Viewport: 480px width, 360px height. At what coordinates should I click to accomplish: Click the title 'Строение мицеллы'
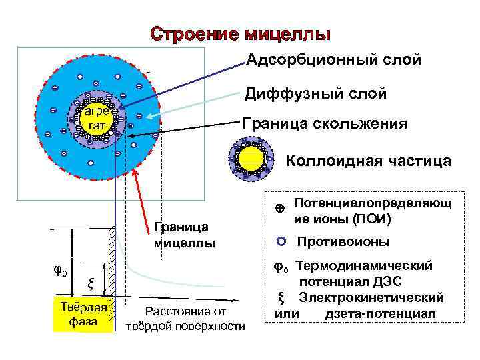pyautogui.click(x=240, y=33)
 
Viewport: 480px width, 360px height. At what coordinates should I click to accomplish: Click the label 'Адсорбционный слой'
pyautogui.click(x=334, y=60)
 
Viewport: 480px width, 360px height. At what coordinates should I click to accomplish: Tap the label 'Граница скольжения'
pyautogui.click(x=324, y=124)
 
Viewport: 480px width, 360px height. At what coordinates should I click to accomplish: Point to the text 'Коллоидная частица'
pyautogui.click(x=369, y=161)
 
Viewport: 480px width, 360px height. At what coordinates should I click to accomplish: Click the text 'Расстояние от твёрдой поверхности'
pyautogui.click(x=185, y=319)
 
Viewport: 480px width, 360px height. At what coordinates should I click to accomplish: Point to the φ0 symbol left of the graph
pyautogui.click(x=59, y=271)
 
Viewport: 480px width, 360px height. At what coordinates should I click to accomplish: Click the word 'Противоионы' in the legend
pyautogui.click(x=343, y=241)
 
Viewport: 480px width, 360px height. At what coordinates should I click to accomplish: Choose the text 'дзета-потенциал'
pyautogui.click(x=380, y=313)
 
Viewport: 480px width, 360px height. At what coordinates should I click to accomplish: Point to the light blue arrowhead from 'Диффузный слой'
pyautogui.click(x=149, y=117)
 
